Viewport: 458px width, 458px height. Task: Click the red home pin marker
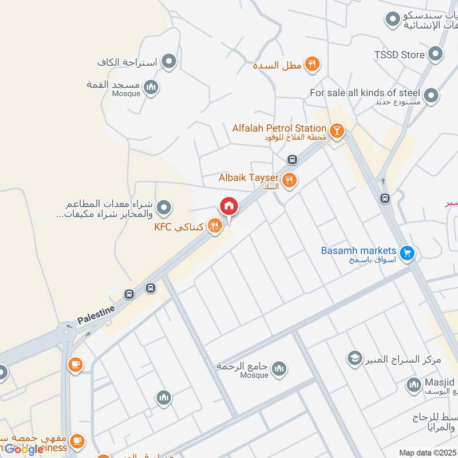(x=228, y=206)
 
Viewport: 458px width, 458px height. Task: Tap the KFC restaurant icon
(x=215, y=226)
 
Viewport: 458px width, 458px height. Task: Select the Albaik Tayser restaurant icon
(x=290, y=180)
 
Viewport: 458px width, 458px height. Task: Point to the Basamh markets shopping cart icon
(x=407, y=252)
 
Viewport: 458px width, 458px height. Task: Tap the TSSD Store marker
(x=436, y=55)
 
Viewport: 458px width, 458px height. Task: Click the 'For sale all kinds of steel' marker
(x=432, y=94)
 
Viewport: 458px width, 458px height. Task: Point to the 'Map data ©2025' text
(x=427, y=452)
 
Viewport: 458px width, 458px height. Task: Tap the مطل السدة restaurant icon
(x=312, y=64)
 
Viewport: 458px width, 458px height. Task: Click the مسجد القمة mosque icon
(x=151, y=88)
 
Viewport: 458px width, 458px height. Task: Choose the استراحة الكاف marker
(x=169, y=61)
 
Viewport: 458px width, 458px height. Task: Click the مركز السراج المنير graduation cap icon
(x=354, y=359)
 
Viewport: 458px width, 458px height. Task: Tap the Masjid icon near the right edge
(x=413, y=385)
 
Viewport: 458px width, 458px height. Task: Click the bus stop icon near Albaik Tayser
(x=293, y=160)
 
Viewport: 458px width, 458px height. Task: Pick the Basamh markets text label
(x=358, y=251)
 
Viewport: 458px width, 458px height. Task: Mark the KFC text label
(x=164, y=227)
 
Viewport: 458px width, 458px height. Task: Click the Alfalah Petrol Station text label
(x=279, y=128)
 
